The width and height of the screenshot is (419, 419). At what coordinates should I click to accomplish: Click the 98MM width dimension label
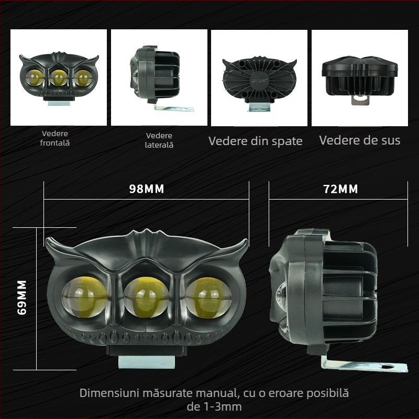click(x=147, y=189)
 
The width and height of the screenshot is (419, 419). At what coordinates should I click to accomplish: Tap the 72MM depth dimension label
click(x=340, y=189)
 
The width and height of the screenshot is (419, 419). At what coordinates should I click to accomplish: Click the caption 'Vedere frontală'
click(x=54, y=138)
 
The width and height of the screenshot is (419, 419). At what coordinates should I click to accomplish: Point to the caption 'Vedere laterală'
click(x=159, y=140)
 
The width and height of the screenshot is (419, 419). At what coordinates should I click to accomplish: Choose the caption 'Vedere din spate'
click(x=256, y=141)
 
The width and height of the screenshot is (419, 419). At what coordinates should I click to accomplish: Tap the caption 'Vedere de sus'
click(x=360, y=140)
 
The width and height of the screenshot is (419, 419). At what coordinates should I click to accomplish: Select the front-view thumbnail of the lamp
click(x=59, y=78)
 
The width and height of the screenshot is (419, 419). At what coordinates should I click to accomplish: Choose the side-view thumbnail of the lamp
click(x=159, y=78)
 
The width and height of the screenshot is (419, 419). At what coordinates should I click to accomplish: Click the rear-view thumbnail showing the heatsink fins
click(x=259, y=78)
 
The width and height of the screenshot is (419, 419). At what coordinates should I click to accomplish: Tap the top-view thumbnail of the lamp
click(x=359, y=78)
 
